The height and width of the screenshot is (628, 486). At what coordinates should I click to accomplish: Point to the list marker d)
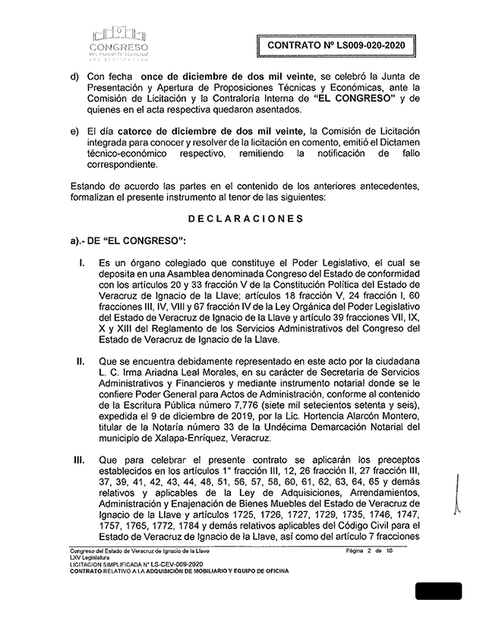pos(74,77)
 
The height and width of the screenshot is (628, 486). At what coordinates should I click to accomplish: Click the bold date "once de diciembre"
pos(194,77)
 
